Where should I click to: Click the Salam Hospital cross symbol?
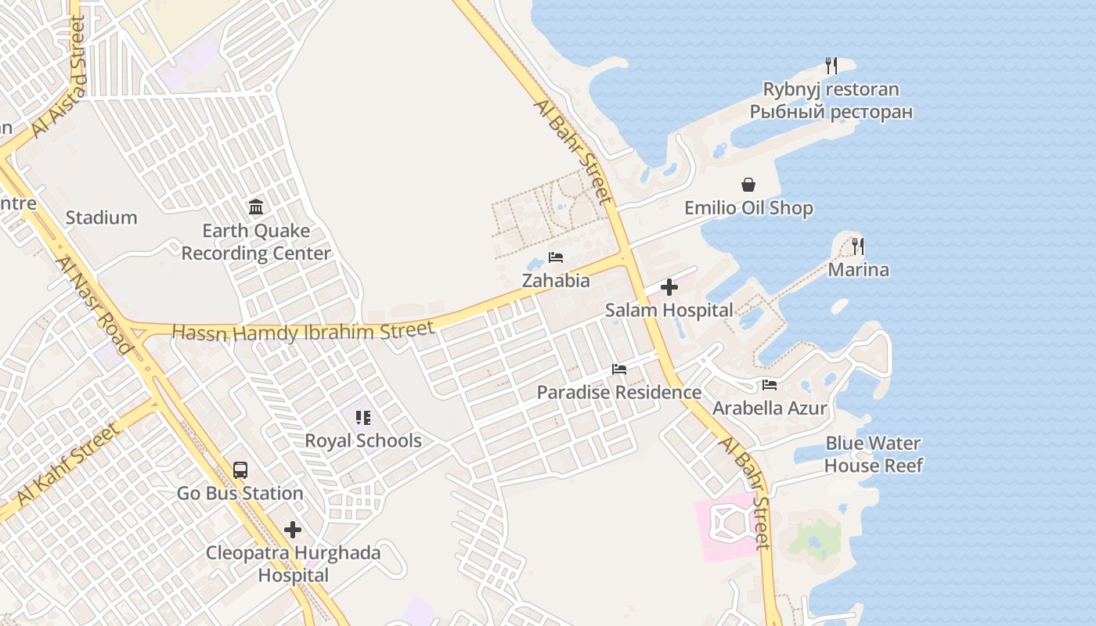coord(669,287)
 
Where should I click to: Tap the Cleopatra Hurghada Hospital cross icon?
coord(293,530)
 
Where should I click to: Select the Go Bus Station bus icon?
coord(240,470)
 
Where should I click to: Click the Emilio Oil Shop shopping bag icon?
coord(748,185)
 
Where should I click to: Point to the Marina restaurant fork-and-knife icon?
coord(858,246)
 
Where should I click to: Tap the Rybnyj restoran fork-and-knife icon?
coord(831,66)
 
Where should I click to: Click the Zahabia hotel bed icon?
coord(556,257)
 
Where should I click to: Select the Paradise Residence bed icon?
coord(619,369)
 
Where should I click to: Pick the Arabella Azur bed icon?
coord(770,385)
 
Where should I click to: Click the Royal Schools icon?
coord(362,418)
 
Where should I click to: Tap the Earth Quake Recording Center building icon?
coord(256,207)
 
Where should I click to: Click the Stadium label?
coord(101,218)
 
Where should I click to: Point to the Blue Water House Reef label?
coord(873,455)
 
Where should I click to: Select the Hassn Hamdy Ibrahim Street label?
coord(302,331)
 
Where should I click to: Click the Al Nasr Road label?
coord(95,304)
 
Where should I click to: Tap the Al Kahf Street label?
coord(68,464)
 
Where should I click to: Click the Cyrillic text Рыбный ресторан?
coord(831,112)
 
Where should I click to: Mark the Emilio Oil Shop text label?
coord(748,208)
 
